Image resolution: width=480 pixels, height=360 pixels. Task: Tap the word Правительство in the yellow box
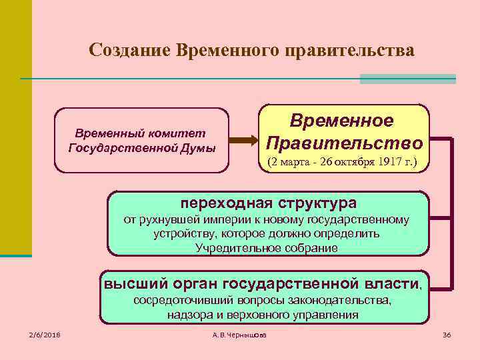tap(344, 143)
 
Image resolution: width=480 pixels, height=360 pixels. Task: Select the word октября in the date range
tap(351, 162)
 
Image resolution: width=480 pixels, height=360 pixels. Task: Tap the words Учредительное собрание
tap(267, 248)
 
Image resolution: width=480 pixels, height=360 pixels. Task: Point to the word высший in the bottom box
tap(133, 283)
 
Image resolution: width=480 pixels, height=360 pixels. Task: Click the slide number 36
tap(447, 334)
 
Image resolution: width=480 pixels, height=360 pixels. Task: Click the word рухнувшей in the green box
tap(169, 220)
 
